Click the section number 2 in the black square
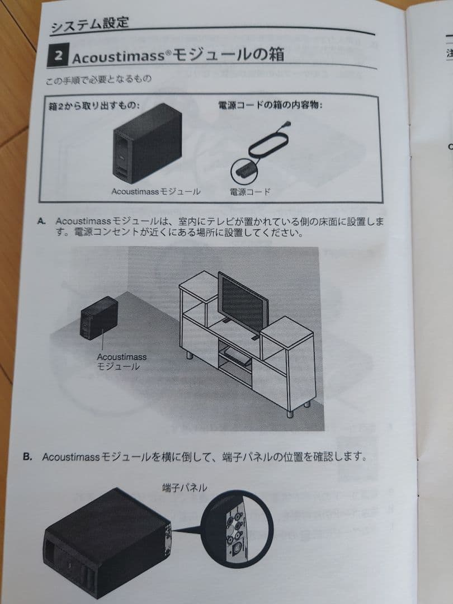coord(58,55)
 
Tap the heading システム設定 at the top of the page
coord(89,24)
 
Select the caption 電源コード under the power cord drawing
coord(250,191)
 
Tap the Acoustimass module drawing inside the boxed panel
coord(148,143)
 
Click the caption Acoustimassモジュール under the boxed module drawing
coord(156,191)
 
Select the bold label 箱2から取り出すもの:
coord(94,106)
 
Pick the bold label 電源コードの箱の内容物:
coord(270,105)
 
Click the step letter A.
coord(41,221)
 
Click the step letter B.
coord(27,456)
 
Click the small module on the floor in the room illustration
coord(98,318)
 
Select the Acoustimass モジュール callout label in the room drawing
coord(121,362)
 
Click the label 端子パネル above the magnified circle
coord(185,488)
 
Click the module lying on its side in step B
coord(107,542)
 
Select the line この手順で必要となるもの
coord(98,80)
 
